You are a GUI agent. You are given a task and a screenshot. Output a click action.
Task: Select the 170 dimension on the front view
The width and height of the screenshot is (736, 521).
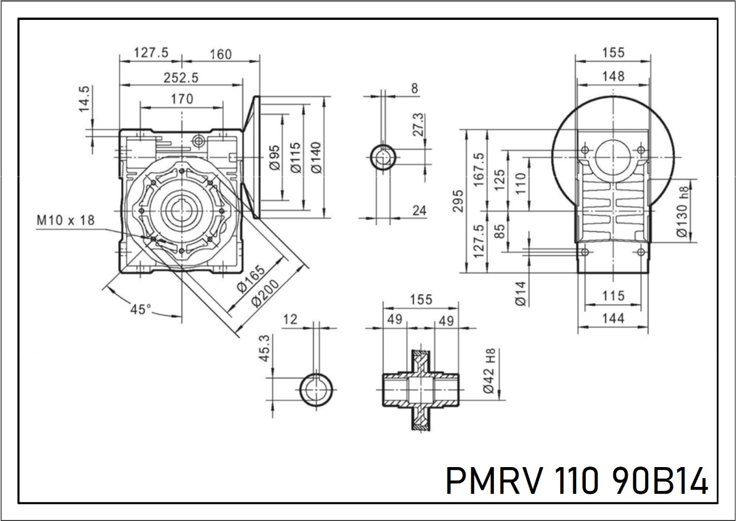point(181,99)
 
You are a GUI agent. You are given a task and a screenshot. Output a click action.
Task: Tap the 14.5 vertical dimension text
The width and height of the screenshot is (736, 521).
point(84,99)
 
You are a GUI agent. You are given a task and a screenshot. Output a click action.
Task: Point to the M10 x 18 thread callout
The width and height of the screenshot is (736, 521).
point(66,220)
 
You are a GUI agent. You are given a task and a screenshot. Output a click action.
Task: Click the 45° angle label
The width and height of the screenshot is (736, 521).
point(141,310)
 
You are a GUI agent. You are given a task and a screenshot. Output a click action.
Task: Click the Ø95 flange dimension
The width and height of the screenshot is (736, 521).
point(274,157)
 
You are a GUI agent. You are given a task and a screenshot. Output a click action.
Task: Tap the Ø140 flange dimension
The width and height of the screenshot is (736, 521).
point(316,156)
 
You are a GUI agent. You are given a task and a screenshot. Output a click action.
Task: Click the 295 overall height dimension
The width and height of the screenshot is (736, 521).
point(458,200)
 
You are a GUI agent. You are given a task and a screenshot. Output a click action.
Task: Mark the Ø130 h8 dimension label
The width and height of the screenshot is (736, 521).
point(683,212)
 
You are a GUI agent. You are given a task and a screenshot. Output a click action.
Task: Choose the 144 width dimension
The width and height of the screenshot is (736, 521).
point(613,319)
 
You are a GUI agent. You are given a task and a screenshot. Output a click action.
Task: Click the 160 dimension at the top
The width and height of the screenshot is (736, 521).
point(220,54)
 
